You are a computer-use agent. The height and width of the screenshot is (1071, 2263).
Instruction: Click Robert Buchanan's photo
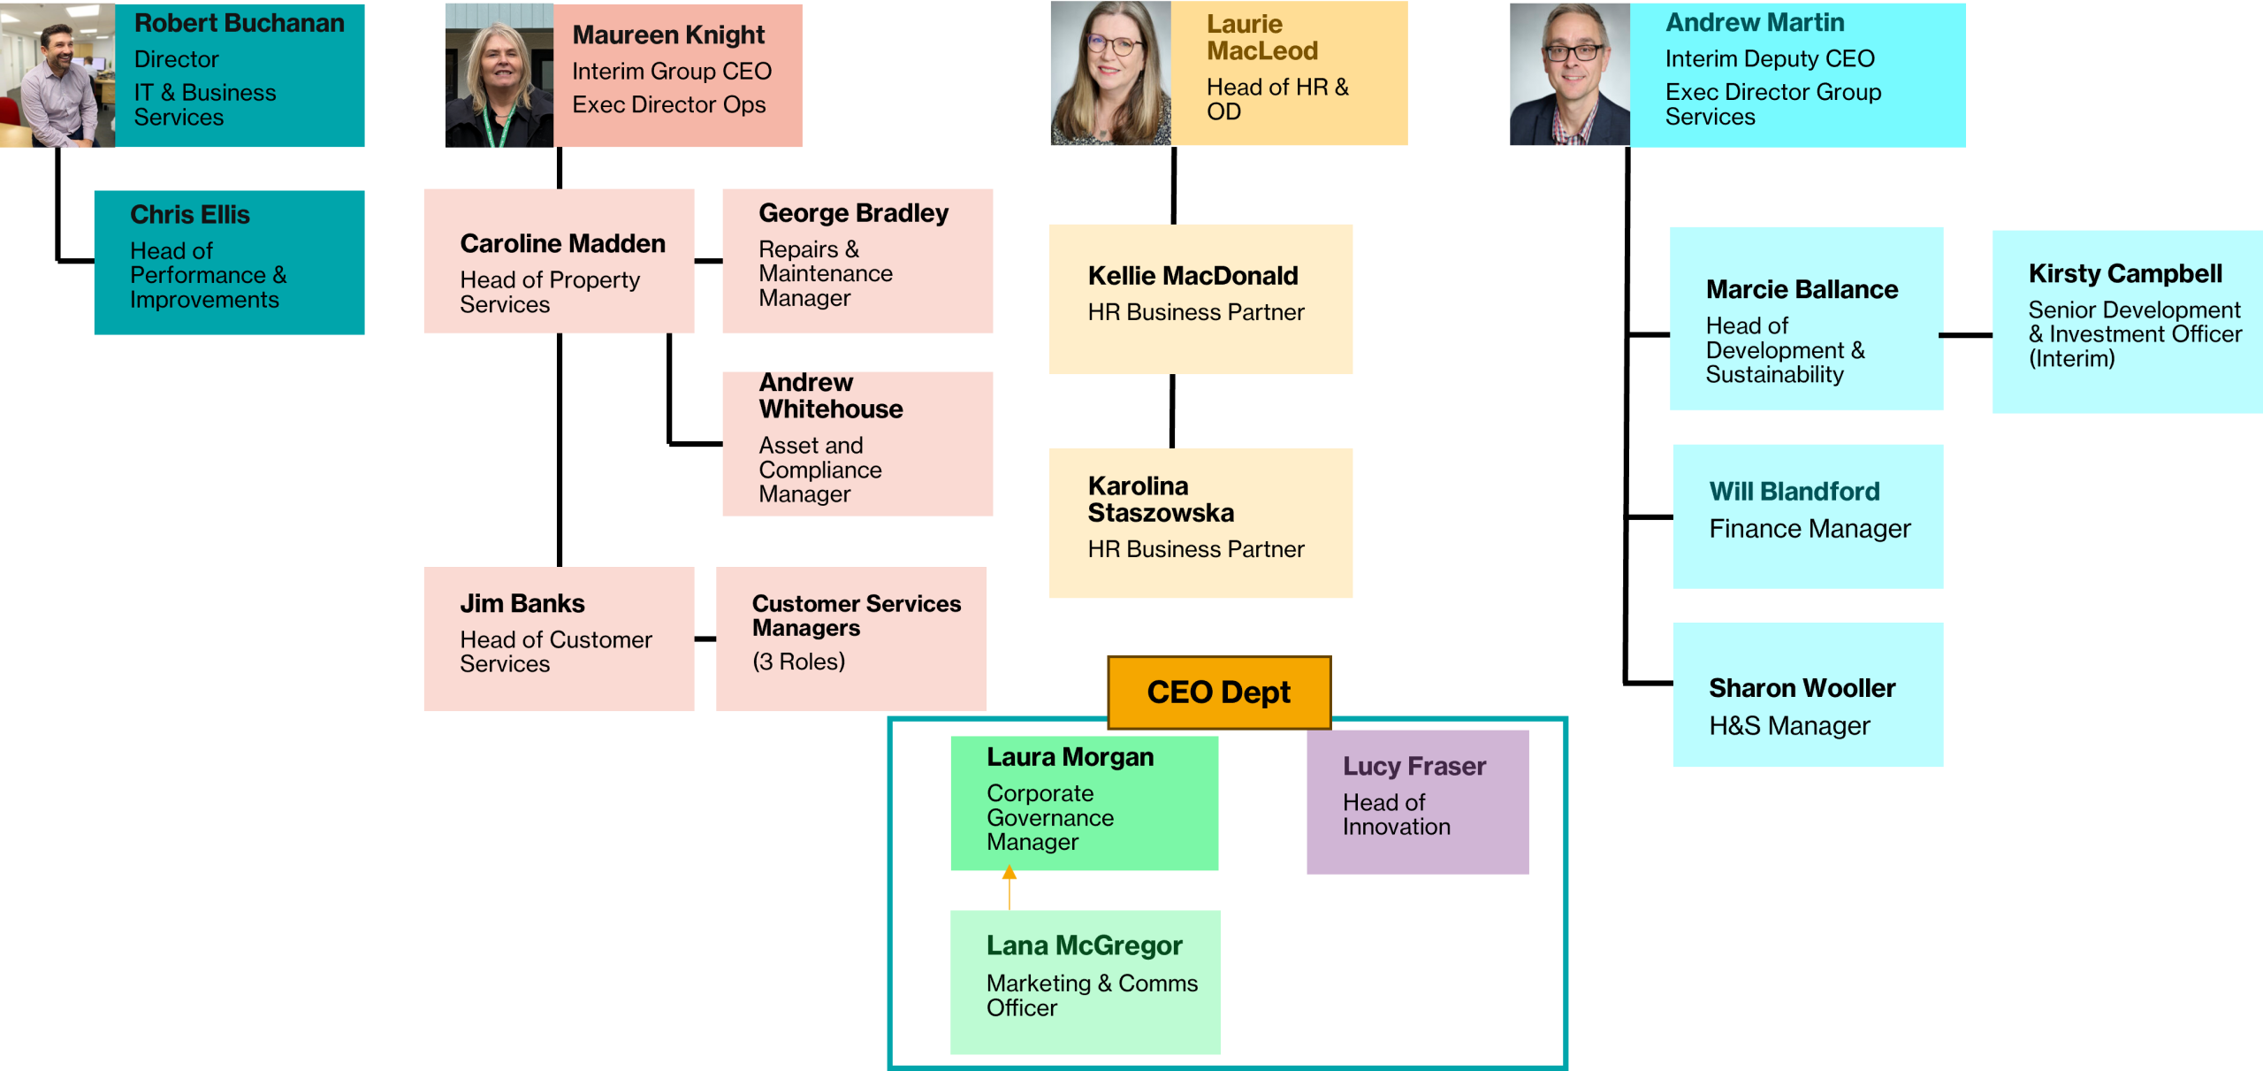coord(57,75)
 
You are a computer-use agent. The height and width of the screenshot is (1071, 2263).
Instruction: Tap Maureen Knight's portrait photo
coord(499,75)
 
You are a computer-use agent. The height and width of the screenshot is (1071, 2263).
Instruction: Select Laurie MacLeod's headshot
coord(1110,73)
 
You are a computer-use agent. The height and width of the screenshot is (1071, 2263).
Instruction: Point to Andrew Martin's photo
coord(1570,74)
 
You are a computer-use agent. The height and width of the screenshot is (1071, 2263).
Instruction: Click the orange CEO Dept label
coord(1219,692)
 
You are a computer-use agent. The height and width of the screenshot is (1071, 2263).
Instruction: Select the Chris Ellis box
coord(229,263)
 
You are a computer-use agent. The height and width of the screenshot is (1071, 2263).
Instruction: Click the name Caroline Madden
coord(562,243)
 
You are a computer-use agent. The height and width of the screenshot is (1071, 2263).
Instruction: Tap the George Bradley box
coord(857,261)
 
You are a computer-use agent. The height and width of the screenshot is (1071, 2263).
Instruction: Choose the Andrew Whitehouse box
coord(857,444)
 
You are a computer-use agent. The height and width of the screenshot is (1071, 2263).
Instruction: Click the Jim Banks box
coord(559,639)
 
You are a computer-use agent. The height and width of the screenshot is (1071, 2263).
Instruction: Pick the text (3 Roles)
coord(798,662)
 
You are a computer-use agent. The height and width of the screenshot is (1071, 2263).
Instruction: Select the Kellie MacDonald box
coord(1200,299)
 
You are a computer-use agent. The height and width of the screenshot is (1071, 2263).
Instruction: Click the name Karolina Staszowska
coord(1161,500)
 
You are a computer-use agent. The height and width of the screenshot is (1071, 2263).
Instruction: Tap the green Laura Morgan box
coord(1084,803)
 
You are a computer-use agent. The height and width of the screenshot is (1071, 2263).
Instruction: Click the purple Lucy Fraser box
coord(1417,802)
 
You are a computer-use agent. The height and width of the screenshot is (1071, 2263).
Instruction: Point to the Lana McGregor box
coord(1085,982)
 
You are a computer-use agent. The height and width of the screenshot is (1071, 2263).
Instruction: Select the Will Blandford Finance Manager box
coord(1808,516)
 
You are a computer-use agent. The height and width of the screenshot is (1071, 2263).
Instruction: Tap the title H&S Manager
coord(1789,726)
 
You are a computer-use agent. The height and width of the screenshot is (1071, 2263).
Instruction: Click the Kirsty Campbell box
coord(2127,322)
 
